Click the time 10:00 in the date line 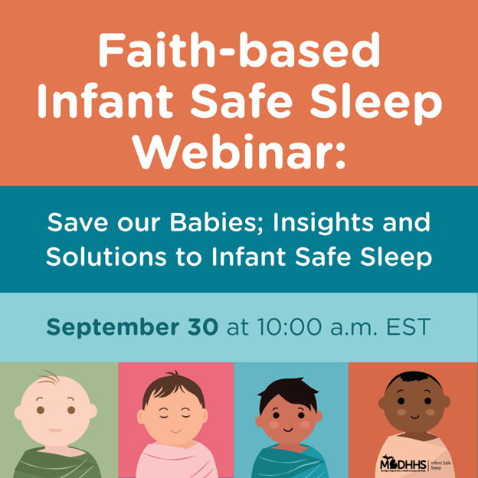[x=280, y=328]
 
